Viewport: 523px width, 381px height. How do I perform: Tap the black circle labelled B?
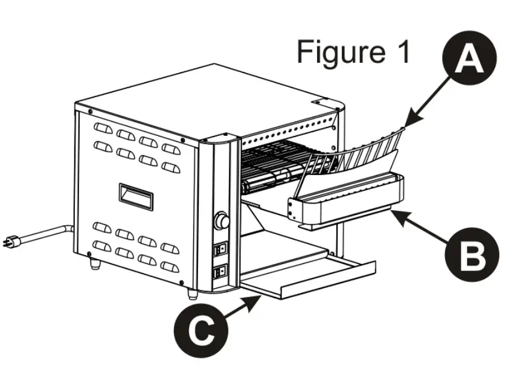pos(470,256)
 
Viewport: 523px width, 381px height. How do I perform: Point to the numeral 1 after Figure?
pos(398,52)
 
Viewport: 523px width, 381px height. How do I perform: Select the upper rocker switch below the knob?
pos(222,248)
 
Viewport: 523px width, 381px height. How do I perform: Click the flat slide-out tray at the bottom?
pos(314,279)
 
